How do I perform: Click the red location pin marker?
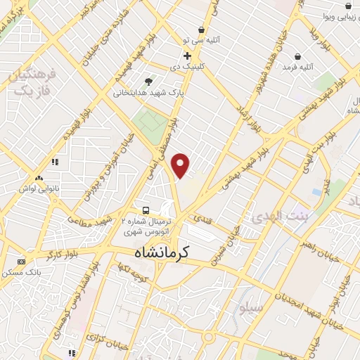[x=181, y=165]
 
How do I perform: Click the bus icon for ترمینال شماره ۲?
[x=146, y=210]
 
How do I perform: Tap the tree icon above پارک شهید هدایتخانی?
[x=148, y=82]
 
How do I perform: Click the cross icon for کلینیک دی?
[x=188, y=56]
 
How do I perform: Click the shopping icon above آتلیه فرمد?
[x=298, y=56]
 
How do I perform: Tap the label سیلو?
[x=251, y=308]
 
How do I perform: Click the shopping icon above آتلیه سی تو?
[x=202, y=30]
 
